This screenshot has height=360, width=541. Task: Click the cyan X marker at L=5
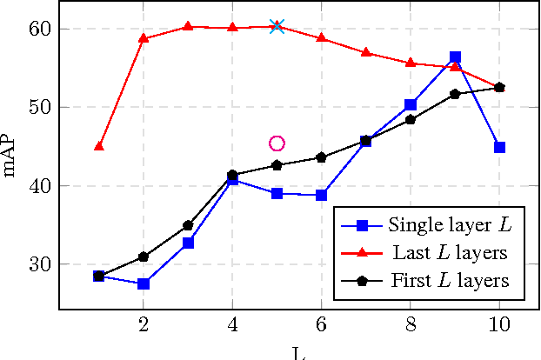click(x=277, y=27)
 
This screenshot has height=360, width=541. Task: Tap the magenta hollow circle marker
click(x=277, y=143)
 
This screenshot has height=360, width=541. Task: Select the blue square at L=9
click(x=455, y=57)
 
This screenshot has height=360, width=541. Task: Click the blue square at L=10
click(x=499, y=147)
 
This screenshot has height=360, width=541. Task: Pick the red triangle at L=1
click(x=99, y=146)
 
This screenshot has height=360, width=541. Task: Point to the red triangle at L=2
click(x=144, y=38)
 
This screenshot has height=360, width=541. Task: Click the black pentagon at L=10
click(x=499, y=87)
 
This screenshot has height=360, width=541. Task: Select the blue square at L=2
click(x=144, y=283)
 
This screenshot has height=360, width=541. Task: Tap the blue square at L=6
click(x=321, y=195)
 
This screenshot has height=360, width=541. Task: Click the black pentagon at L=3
click(x=188, y=225)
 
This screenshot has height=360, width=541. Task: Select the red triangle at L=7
click(x=365, y=52)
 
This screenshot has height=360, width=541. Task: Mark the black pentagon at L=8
click(x=411, y=119)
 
